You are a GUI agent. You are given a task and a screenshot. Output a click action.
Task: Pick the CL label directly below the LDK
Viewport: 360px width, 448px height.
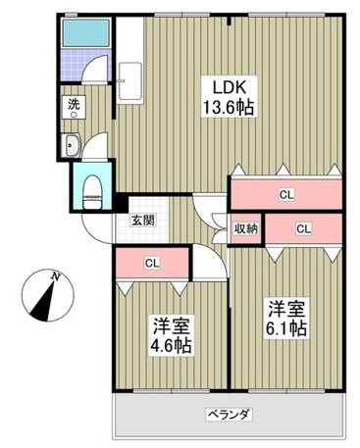coord(285,194)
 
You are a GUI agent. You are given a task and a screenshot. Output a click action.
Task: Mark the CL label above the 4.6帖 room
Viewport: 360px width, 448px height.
coord(151,263)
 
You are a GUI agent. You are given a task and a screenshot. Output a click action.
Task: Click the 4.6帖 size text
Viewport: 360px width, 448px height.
coord(170,347)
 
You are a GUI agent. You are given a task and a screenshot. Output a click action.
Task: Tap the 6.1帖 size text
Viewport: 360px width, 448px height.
coord(285,328)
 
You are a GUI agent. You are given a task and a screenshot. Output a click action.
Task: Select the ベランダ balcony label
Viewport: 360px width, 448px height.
coord(229,415)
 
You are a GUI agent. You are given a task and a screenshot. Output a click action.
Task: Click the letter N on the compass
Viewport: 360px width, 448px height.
coord(56,277)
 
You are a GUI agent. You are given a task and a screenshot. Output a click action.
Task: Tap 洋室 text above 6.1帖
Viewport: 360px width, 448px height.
coord(284,306)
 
